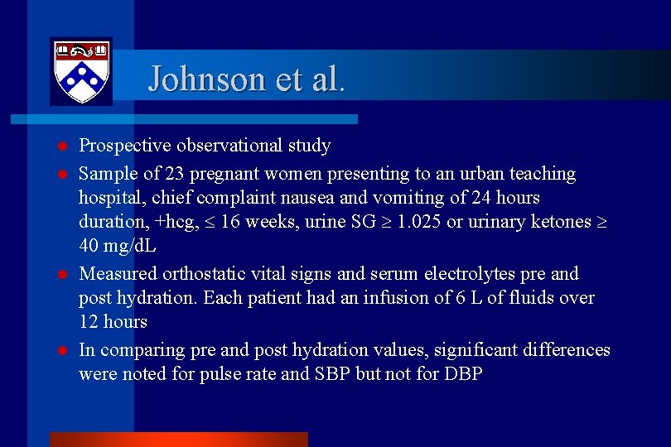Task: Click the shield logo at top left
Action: (x=80, y=71)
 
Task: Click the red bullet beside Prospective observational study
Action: (x=62, y=147)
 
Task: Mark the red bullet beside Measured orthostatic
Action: (x=62, y=274)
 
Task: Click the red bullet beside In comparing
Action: (x=62, y=350)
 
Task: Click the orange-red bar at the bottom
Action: (x=178, y=440)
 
